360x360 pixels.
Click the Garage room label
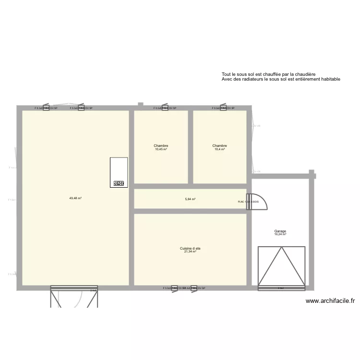click(280, 231)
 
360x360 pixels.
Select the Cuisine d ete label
click(190, 248)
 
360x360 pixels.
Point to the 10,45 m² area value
click(161, 149)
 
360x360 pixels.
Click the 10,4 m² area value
click(220, 149)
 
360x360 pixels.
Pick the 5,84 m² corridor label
click(190, 199)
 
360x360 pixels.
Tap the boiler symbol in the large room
click(119, 183)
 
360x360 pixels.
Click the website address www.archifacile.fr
click(330, 301)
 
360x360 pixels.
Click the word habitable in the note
click(329, 79)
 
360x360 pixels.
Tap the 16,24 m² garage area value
click(280, 235)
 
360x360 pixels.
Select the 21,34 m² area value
click(190, 252)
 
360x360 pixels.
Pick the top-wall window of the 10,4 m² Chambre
click(223, 108)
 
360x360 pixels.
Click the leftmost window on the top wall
click(46, 108)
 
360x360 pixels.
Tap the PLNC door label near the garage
click(248, 202)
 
